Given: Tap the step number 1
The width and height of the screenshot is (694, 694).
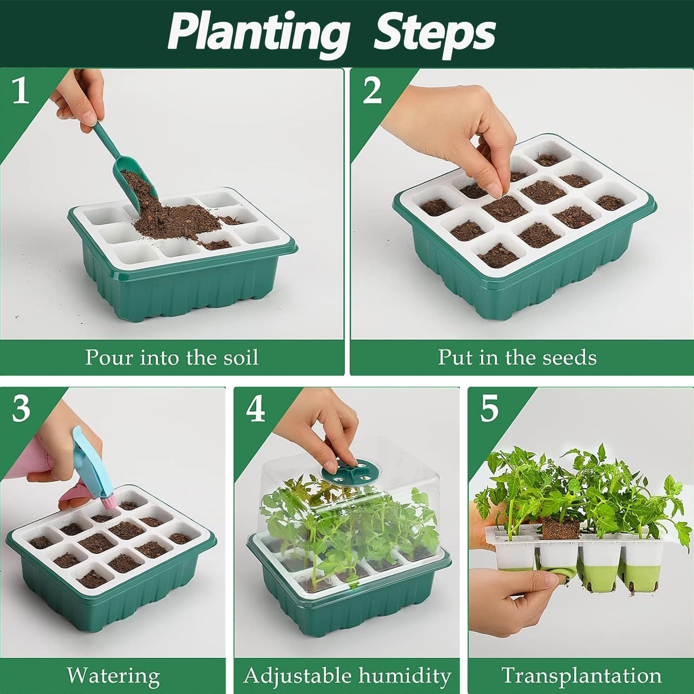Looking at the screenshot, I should pyautogui.click(x=20, y=91).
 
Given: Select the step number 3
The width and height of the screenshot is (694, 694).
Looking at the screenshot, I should pyautogui.click(x=21, y=409).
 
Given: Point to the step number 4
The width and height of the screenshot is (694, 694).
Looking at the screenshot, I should pyautogui.click(x=255, y=409).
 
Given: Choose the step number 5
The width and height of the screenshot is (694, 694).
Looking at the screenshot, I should pyautogui.click(x=489, y=409).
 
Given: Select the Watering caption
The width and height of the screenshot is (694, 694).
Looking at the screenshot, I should pyautogui.click(x=113, y=676).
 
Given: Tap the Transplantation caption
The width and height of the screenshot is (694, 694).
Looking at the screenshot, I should pyautogui.click(x=581, y=676).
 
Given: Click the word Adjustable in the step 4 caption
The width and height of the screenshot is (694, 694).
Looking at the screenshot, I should pyautogui.click(x=296, y=676).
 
